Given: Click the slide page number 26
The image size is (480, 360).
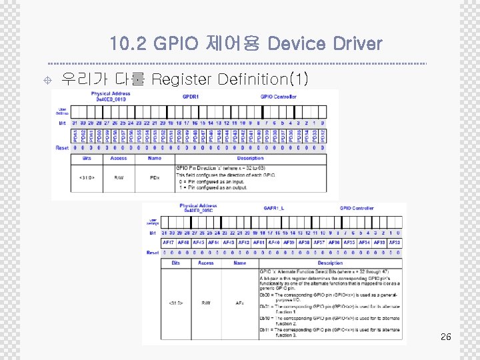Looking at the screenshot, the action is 446,337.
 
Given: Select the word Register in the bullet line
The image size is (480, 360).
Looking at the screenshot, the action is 183,80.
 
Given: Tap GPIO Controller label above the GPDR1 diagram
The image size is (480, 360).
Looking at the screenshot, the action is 279,97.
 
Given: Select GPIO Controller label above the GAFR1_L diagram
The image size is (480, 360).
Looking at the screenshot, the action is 357,208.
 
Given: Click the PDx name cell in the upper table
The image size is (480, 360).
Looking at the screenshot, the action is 154,177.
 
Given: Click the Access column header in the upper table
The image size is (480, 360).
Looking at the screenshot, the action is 119,158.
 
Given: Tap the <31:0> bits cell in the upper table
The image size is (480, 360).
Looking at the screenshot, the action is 87,177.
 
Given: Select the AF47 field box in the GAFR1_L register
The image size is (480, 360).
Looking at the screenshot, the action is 168,242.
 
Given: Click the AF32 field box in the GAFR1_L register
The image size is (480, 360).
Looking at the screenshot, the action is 395,242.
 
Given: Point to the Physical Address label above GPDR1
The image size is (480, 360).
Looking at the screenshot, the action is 111,93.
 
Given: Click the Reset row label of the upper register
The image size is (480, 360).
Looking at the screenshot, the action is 62,147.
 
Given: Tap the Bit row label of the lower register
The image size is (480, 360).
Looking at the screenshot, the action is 153,232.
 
